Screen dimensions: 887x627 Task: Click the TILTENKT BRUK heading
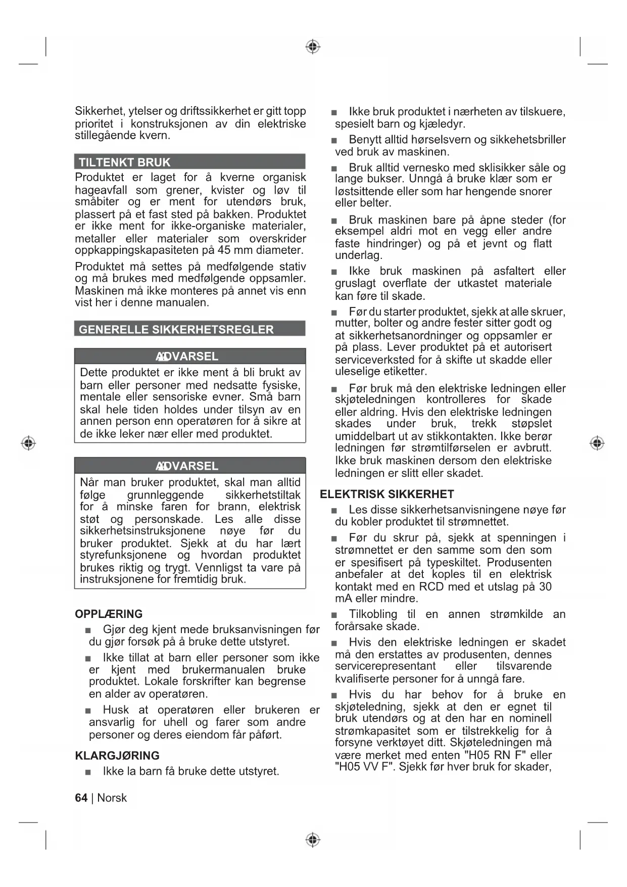[x=125, y=162]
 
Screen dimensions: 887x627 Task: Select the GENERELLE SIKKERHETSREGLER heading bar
[x=176, y=330]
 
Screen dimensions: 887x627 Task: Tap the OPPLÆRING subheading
[x=109, y=614]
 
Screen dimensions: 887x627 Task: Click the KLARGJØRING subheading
[x=117, y=756]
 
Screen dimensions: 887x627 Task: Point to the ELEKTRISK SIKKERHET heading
[x=387, y=494]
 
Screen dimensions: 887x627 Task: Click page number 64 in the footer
[x=81, y=798]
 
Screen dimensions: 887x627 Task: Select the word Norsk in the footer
[x=112, y=798]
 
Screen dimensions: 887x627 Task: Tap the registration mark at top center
[x=313, y=47]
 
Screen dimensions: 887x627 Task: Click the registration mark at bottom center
[x=313, y=840]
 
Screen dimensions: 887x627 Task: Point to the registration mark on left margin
[x=28, y=443]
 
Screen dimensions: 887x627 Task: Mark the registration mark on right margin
[x=597, y=443]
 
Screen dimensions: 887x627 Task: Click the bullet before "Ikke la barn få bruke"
[x=88, y=772]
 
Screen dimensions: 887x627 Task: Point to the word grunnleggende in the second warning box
[x=165, y=495]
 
